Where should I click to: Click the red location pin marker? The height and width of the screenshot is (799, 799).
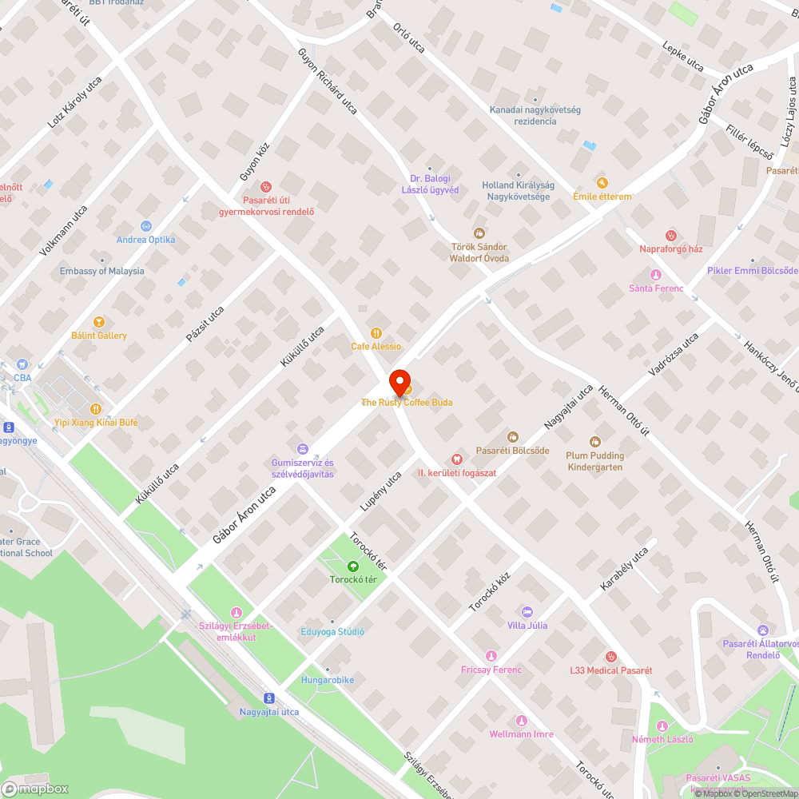tap(399, 381)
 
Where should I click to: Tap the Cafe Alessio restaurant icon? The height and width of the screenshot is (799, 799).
tap(376, 333)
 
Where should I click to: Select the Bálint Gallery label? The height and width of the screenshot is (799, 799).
tap(99, 336)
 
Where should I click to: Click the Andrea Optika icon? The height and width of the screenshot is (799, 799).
tap(145, 226)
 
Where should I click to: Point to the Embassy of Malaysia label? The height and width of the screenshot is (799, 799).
tap(102, 271)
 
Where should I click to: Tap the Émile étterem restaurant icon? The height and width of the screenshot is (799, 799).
tap(602, 183)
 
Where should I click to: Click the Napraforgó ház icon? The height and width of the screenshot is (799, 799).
tap(671, 235)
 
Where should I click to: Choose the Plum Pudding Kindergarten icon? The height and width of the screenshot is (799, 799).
tap(594, 442)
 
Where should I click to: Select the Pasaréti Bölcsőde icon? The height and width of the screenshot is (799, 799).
tap(512, 437)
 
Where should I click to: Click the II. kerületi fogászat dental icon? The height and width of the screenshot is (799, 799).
tap(457, 459)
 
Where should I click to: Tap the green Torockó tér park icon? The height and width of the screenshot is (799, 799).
tap(353, 566)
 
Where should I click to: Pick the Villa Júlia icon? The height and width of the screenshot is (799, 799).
tap(527, 611)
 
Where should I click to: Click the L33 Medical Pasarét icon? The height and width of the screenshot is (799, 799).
tap(611, 657)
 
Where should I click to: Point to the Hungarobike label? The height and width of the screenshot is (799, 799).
tap(327, 680)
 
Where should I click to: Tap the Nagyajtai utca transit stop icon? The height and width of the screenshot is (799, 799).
tap(269, 698)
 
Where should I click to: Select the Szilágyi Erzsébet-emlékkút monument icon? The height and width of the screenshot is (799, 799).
tap(236, 612)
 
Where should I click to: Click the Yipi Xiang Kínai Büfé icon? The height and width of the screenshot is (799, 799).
tap(96, 409)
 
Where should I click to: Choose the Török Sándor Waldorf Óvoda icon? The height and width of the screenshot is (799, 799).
tap(479, 233)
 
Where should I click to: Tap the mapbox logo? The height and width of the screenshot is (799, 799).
tap(35, 789)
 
